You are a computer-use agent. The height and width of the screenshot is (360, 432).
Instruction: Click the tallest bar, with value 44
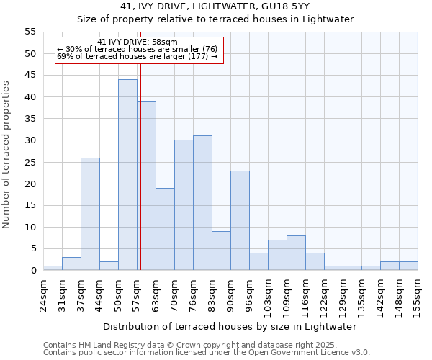coord(127,175)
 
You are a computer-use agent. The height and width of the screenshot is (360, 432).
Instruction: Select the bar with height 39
coord(146,186)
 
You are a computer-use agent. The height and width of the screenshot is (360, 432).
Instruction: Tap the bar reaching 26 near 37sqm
coord(90,214)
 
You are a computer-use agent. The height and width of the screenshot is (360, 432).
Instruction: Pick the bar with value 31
coord(202,203)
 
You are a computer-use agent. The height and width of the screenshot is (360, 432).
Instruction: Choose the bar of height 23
coord(240,220)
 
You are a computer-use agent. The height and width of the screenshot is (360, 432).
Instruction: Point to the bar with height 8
coord(296,253)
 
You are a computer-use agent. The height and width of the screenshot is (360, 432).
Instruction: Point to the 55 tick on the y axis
coord(30,32)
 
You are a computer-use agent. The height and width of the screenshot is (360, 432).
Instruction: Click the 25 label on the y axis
coord(30,162)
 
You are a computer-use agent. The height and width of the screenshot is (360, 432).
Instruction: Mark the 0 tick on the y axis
coord(33,271)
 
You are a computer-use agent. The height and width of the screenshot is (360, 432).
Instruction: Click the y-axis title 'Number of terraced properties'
coord(6,155)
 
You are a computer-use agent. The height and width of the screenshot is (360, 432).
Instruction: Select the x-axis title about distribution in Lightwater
coord(230,326)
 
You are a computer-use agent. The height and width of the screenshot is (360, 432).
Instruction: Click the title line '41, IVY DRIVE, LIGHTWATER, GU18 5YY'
coord(215,6)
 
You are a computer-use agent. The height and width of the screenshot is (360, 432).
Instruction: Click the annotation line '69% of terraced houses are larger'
coord(137,56)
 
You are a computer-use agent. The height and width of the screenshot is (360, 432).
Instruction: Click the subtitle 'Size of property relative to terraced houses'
coord(215,19)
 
